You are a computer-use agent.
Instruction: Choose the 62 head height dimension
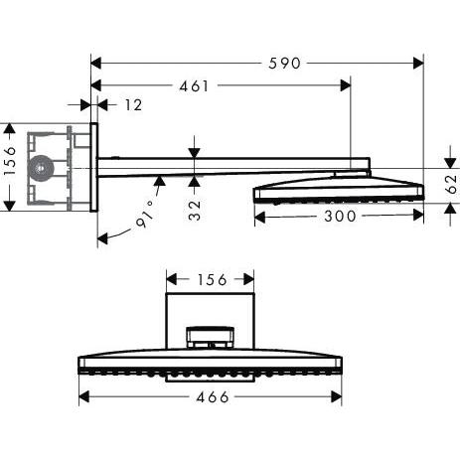pos(450,183)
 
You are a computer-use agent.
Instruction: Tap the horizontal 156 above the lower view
pos(210,281)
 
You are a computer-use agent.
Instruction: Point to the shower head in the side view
pos(338,189)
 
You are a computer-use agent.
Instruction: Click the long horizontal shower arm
pos(229,169)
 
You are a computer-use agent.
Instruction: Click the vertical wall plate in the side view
pos(94,168)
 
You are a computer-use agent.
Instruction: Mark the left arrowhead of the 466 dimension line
pos(83,396)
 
